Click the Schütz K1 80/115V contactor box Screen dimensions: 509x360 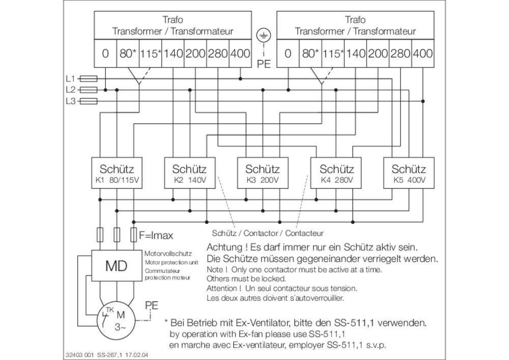pyautogui.click(x=117, y=173)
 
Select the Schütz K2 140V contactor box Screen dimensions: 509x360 pyautogui.click(x=189, y=173)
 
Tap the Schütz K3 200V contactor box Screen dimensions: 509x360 pyautogui.click(x=263, y=173)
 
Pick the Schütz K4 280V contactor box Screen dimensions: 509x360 pyautogui.click(x=335, y=173)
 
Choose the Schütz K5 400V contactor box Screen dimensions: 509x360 pyautogui.click(x=409, y=173)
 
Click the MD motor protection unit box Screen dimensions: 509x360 pyautogui.click(x=117, y=265)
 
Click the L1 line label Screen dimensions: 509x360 pyautogui.click(x=70, y=78)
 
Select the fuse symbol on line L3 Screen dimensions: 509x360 pyautogui.click(x=88, y=101)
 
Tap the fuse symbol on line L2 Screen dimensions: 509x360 pyautogui.click(x=88, y=90)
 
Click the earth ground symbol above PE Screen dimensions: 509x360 pyautogui.click(x=264, y=35)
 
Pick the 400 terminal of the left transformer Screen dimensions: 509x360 pyautogui.click(x=240, y=53)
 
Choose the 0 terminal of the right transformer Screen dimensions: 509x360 pyautogui.click(x=288, y=53)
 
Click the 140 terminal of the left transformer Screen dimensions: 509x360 pyautogui.click(x=173, y=53)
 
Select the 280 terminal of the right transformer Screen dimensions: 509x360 pyautogui.click(x=400, y=53)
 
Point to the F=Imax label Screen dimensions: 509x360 pyautogui.click(x=156, y=235)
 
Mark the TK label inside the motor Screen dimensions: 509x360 pyautogui.click(x=110, y=310)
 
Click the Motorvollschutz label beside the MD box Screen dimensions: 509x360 pyautogui.click(x=168, y=254)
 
